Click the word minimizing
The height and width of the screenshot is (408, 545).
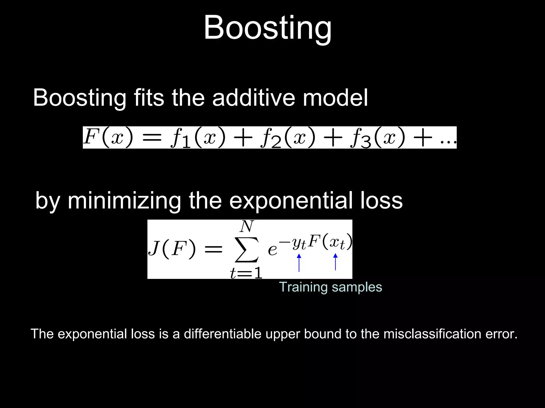pos(125,201)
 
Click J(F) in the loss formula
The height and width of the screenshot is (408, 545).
pos(172,249)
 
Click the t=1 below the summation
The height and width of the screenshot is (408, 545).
pos(246,273)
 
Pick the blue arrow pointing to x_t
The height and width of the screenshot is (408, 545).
pos(335,262)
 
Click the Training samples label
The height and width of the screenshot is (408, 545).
pos(331,287)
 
